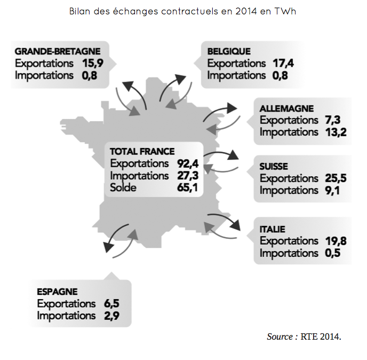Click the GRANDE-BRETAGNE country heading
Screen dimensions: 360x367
(57, 51)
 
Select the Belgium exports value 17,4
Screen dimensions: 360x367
(283, 64)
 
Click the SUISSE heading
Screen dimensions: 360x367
(274, 167)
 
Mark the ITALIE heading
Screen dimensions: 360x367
(272, 229)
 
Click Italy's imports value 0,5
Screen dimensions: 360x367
(332, 253)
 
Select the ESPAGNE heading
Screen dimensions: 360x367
(57, 292)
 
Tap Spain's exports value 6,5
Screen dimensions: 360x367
(111, 303)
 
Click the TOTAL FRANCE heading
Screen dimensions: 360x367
(142, 152)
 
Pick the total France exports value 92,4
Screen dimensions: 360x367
(187, 163)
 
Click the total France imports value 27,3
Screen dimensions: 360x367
(187, 176)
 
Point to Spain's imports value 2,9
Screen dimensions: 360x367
(111, 316)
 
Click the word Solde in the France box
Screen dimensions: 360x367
(123, 187)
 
